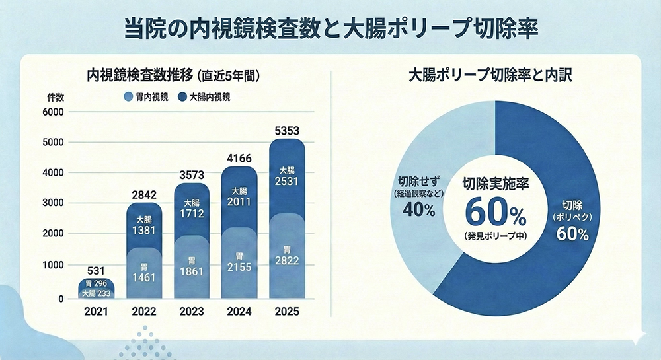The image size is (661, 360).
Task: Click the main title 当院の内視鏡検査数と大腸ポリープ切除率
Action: tap(330, 28)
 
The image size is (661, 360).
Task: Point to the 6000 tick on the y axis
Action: tap(54, 112)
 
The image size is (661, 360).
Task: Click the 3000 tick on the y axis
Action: tap(54, 203)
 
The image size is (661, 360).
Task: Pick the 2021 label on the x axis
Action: tap(97, 311)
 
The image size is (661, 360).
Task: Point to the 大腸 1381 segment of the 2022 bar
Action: tap(144, 225)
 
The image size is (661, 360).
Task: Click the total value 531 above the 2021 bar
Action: tap(97, 270)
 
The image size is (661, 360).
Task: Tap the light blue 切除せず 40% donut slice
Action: tap(413, 198)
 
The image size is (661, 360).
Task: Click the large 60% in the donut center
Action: tap(494, 211)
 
